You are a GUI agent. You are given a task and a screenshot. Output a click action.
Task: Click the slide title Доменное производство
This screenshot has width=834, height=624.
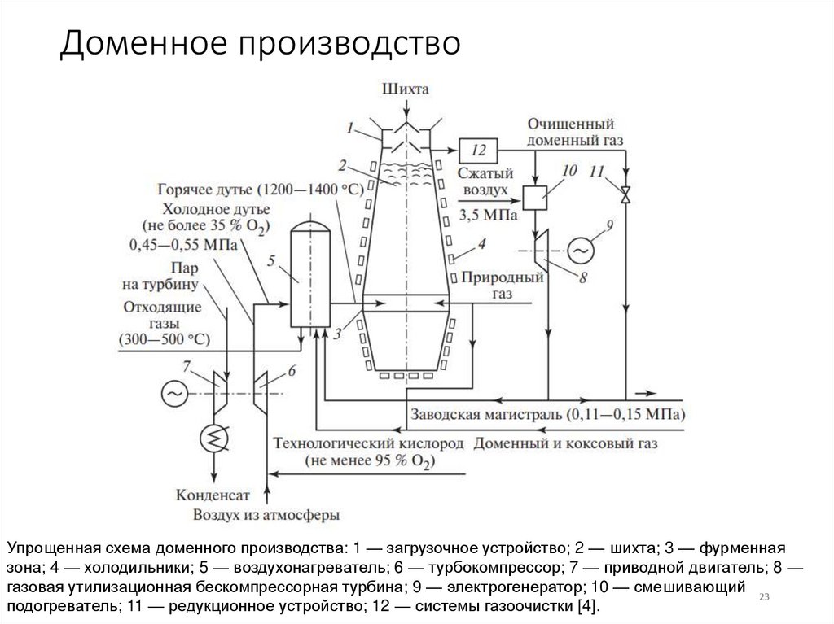[x=260, y=44]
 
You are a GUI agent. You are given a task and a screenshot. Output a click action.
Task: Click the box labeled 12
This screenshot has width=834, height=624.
[x=477, y=150]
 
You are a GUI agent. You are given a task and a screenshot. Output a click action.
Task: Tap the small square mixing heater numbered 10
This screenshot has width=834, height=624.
[x=534, y=196]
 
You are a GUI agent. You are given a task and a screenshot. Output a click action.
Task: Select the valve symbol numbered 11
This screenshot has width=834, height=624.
[x=625, y=196]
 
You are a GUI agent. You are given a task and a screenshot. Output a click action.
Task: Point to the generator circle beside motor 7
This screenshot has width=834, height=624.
[x=173, y=394]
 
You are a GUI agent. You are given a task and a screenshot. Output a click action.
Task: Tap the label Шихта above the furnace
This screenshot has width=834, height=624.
[x=405, y=89]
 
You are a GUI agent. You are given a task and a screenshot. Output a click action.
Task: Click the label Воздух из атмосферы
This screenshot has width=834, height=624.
[x=266, y=514]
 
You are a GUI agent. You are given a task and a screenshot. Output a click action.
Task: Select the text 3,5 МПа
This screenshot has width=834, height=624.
[x=486, y=215]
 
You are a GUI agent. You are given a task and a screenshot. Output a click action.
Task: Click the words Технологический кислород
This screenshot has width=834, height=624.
[x=368, y=444]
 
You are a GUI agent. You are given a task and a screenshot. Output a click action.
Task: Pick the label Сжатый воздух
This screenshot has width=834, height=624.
[x=485, y=181]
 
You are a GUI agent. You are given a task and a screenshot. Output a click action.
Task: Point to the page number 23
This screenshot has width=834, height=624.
[x=764, y=598]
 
